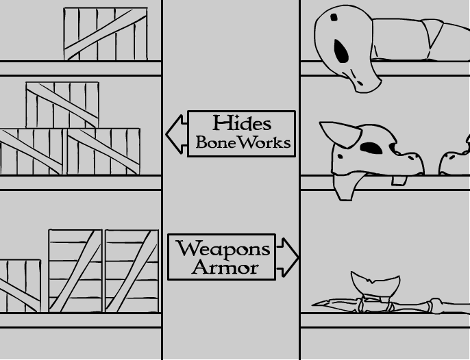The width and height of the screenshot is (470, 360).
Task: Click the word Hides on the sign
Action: [x=242, y=123]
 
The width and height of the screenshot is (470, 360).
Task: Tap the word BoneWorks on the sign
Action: [x=243, y=143]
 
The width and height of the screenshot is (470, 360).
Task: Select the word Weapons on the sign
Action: [x=223, y=248]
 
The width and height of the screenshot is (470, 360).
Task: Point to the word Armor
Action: [x=225, y=268]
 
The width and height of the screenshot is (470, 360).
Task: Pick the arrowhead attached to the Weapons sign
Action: [x=288, y=257]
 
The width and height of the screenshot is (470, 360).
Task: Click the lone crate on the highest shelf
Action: [x=106, y=34]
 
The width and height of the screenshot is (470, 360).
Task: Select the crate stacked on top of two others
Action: [x=62, y=105]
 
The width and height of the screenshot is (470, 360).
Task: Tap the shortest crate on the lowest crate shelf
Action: [x=21, y=285]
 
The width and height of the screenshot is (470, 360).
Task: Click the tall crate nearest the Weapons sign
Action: [x=131, y=271]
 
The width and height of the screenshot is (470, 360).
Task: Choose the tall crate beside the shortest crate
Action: [x=75, y=271]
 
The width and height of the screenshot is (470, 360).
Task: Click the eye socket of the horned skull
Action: [x=371, y=147]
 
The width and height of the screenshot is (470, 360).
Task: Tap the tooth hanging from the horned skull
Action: [x=399, y=180]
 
